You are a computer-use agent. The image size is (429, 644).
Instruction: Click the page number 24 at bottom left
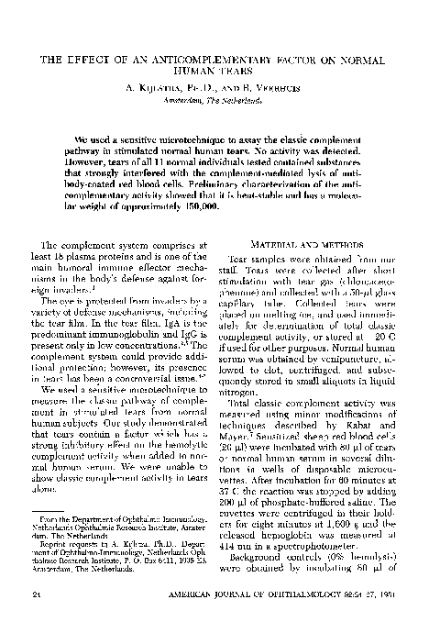click(x=36, y=619)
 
